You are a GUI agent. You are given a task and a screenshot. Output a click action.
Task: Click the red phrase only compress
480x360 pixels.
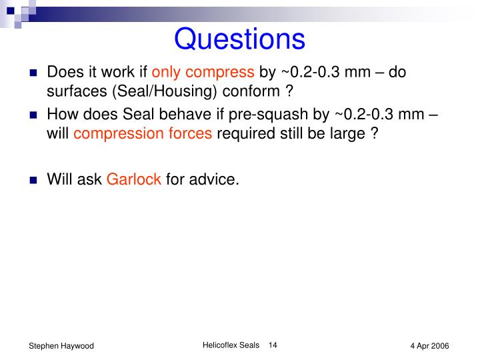[x=203, y=72]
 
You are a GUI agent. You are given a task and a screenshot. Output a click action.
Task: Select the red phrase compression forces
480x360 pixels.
[x=143, y=133]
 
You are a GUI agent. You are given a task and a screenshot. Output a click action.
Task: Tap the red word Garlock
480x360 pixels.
[x=134, y=179]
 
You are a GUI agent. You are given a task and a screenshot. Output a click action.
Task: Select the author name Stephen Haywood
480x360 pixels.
[x=61, y=346]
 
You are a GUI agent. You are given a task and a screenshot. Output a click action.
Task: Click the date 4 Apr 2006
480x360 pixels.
[x=429, y=346]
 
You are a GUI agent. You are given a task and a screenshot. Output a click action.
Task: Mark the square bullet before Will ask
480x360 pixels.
[x=33, y=179]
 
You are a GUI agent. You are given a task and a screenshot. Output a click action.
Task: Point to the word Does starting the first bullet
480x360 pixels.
[x=63, y=72]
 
